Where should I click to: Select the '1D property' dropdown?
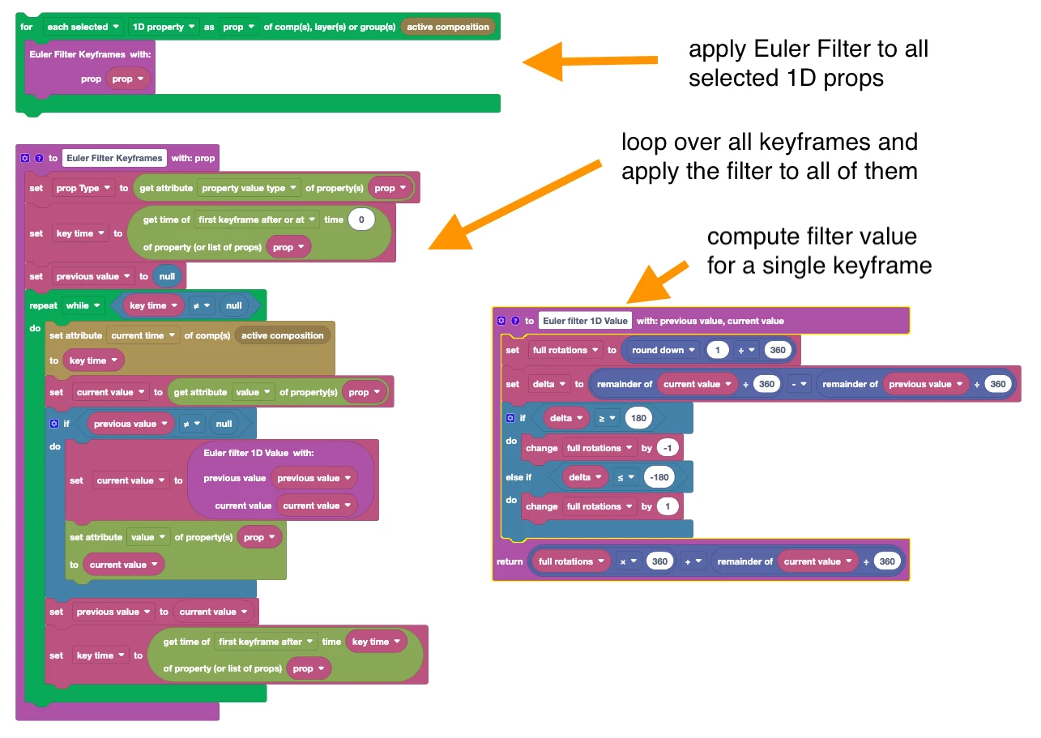click(x=163, y=27)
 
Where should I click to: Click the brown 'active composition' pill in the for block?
click(x=448, y=27)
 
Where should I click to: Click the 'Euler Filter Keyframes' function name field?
click(x=114, y=158)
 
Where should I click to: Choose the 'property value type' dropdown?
click(x=249, y=188)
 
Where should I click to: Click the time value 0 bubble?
click(x=361, y=220)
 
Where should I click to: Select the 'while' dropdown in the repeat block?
click(x=84, y=305)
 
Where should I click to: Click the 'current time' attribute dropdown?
click(x=143, y=335)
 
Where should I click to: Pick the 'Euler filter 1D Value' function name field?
click(x=585, y=321)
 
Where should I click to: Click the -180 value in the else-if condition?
click(x=660, y=477)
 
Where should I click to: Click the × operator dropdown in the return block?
click(x=628, y=561)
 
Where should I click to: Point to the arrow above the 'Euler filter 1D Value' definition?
click(x=657, y=283)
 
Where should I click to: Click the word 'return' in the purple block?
click(x=510, y=561)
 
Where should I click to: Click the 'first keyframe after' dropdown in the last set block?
click(x=266, y=642)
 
